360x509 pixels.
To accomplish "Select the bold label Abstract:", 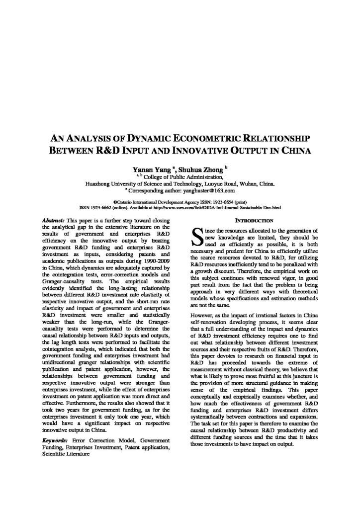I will pos(55,220).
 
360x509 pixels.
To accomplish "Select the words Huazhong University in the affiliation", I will pos(109,183).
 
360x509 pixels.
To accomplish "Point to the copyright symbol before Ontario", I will pos(115,202).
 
